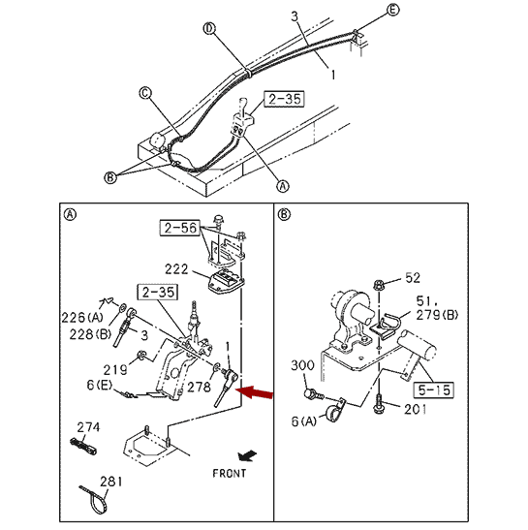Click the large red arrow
pyautogui.click(x=254, y=392)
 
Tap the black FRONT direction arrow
pyautogui.click(x=247, y=456)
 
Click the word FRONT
pyautogui.click(x=230, y=474)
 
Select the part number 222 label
pyautogui.click(x=176, y=269)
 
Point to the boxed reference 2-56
pyautogui.click(x=180, y=228)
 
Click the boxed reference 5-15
pyautogui.click(x=434, y=390)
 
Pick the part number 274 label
pyautogui.click(x=88, y=427)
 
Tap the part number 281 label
pyautogui.click(x=111, y=482)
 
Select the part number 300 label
pyautogui.click(x=302, y=365)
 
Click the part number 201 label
pyautogui.click(x=416, y=410)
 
